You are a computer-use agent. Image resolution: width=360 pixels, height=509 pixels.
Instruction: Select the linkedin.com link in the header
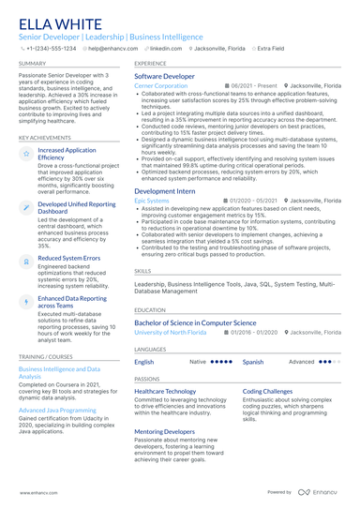166,47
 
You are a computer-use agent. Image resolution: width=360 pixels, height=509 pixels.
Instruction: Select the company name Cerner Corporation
160,85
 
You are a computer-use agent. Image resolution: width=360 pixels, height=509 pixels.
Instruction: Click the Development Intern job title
164,190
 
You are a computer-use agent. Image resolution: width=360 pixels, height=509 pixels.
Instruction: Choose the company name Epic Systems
152,201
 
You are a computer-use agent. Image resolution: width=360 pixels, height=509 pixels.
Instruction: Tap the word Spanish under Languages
253,361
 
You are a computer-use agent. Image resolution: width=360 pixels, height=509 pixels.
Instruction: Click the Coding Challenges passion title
267,390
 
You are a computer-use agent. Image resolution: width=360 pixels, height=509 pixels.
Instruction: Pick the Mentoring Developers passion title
165,431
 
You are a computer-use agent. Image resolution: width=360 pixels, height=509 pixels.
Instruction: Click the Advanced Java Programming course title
56,411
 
